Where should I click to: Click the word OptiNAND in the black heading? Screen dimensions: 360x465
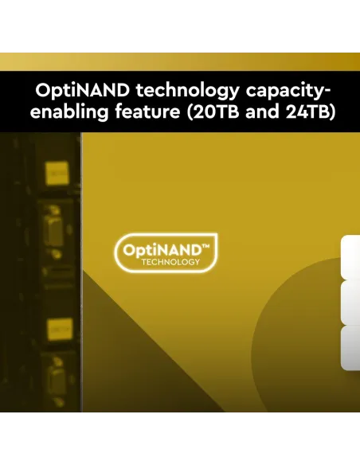click(x=82, y=90)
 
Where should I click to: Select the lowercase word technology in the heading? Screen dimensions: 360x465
click(x=187, y=92)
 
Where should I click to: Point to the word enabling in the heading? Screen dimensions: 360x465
click(x=68, y=112)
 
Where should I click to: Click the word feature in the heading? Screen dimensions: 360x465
click(x=147, y=111)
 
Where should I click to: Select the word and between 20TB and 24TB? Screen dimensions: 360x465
click(x=262, y=111)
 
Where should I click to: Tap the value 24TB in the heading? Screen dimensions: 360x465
click(x=311, y=112)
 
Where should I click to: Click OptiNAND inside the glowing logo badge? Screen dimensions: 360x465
click(x=162, y=251)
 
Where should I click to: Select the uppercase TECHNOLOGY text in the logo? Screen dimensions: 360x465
click(x=170, y=262)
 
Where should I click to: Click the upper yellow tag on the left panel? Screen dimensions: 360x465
click(x=57, y=173)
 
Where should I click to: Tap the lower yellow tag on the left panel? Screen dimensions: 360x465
click(x=60, y=329)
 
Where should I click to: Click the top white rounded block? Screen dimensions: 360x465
click(x=350, y=257)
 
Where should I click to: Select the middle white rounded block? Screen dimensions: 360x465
click(x=350, y=303)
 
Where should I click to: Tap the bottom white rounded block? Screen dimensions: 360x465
click(x=350, y=348)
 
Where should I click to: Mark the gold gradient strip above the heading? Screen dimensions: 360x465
click(x=180, y=62)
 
